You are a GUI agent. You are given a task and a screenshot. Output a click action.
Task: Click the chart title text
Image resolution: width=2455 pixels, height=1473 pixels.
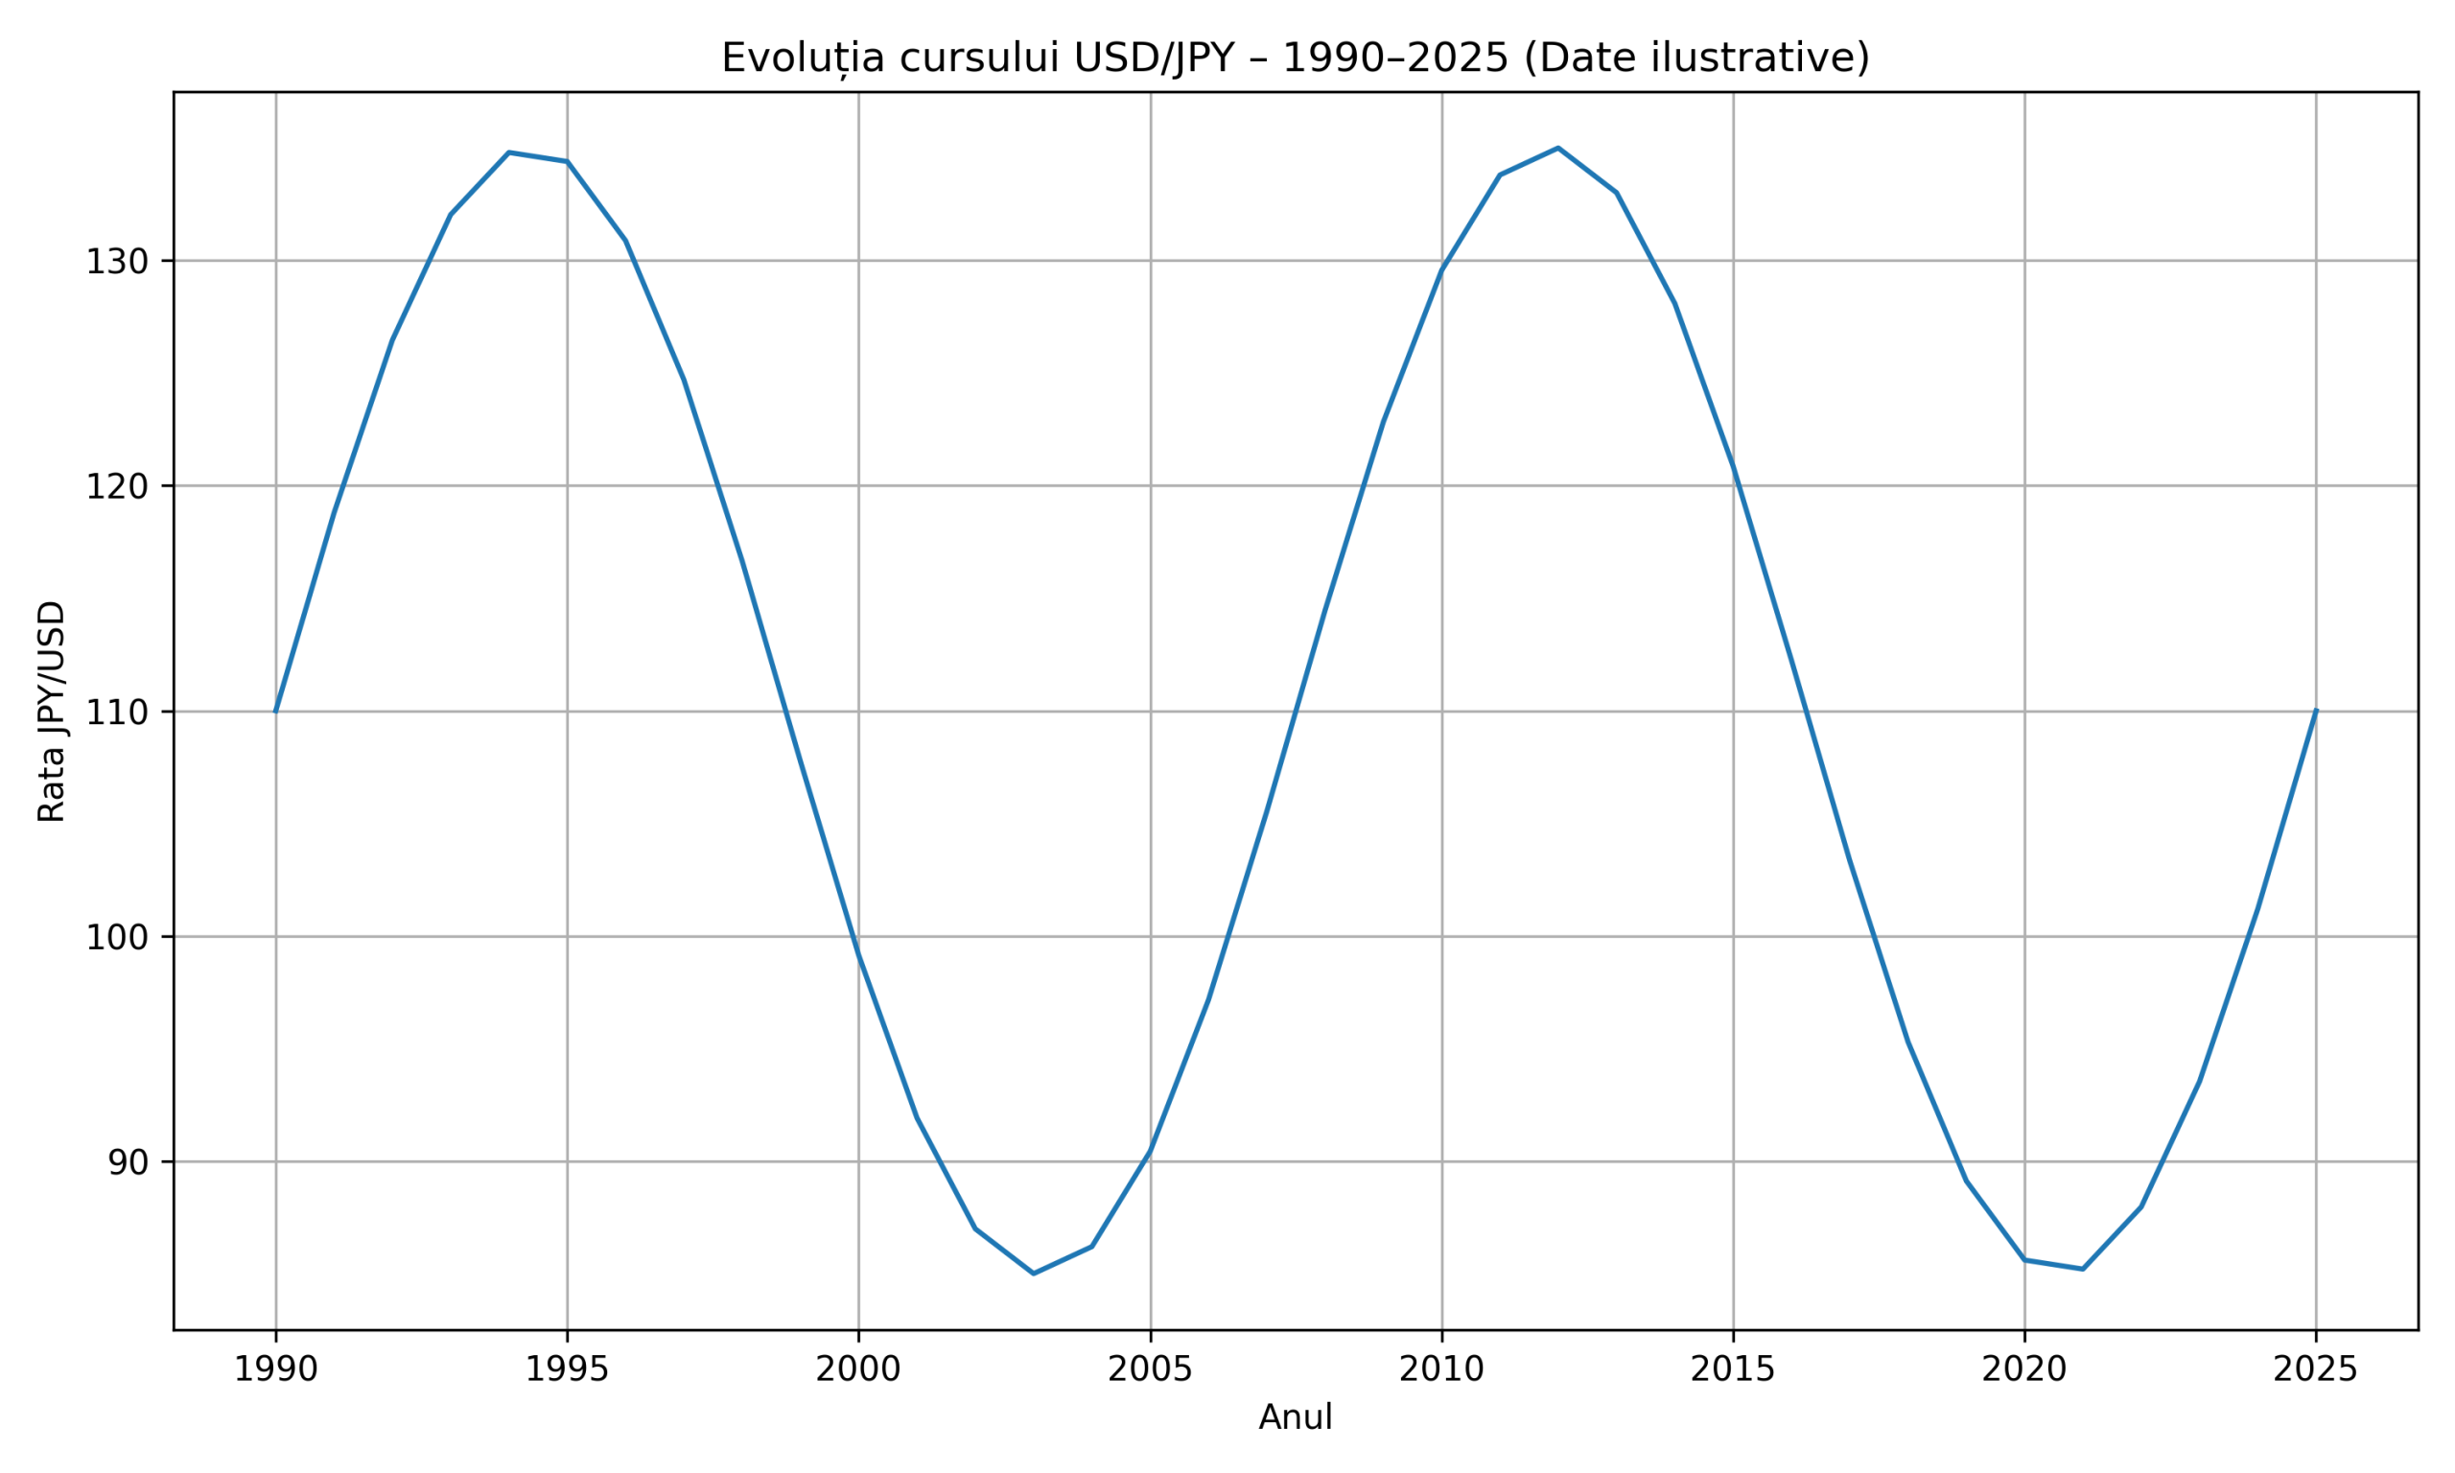pyautogui.click(x=1295, y=58)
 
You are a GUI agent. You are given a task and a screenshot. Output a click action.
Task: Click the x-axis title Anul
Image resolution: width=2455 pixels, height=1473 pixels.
pyautogui.click(x=1295, y=1417)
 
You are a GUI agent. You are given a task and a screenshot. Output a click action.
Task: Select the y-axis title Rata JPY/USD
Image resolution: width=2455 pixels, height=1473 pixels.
pyautogui.click(x=52, y=711)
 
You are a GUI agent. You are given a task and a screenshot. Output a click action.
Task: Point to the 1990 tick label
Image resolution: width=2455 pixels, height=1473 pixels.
pyautogui.click(x=275, y=1369)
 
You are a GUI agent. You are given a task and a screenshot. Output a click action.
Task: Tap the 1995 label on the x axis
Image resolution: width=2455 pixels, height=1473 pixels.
pyautogui.click(x=567, y=1369)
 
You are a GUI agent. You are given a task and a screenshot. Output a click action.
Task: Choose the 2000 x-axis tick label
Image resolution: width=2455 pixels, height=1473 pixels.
pyautogui.click(x=858, y=1369)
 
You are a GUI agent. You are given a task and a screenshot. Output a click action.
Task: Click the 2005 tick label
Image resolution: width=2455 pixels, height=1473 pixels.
pyautogui.click(x=1150, y=1369)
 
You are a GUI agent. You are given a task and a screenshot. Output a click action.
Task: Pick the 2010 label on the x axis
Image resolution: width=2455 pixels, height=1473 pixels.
pyautogui.click(x=1442, y=1369)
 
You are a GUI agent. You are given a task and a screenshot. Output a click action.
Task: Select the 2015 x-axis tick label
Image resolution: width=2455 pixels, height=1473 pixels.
pyautogui.click(x=1734, y=1369)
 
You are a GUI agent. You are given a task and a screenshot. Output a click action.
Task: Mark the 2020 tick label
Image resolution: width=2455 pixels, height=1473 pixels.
pyautogui.click(x=2024, y=1369)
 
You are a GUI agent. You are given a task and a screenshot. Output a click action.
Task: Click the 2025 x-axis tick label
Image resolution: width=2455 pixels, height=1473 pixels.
pyautogui.click(x=2316, y=1369)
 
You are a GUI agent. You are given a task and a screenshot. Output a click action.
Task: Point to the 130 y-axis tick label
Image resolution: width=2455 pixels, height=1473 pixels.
pyautogui.click(x=116, y=262)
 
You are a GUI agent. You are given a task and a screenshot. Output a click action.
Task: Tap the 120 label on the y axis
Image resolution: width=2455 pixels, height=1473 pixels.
pyautogui.click(x=116, y=486)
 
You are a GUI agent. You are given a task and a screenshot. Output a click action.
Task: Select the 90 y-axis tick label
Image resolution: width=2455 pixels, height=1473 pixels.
pyautogui.click(x=127, y=1162)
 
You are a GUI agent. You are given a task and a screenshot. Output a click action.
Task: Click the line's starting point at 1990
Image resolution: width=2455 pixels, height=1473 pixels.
pyautogui.click(x=276, y=711)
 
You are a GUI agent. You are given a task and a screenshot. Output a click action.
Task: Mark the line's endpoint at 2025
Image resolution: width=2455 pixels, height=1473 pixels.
pyautogui.click(x=2316, y=711)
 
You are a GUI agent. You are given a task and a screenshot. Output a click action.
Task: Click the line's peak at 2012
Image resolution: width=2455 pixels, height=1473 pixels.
pyautogui.click(x=1558, y=148)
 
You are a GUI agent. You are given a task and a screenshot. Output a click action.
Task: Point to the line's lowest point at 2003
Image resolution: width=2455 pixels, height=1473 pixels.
pyautogui.click(x=1034, y=1274)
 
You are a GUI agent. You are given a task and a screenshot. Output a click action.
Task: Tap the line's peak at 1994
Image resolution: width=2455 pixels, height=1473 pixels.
pyautogui.click(x=509, y=152)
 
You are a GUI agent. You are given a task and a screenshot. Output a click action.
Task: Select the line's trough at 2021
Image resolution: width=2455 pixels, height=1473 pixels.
pyautogui.click(x=2083, y=1269)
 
